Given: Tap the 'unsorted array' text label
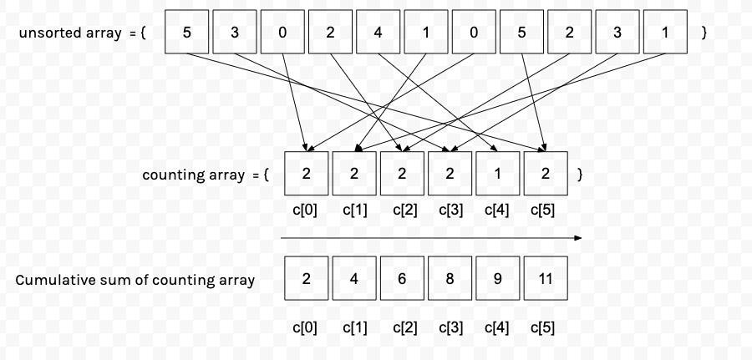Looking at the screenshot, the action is (71, 33).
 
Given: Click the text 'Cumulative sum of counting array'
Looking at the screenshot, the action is (135, 280).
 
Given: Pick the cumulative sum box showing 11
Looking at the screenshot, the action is (545, 279).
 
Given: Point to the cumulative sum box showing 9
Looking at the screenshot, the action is (497, 279).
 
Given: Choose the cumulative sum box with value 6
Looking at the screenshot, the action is (402, 279).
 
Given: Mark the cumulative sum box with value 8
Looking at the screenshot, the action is (450, 279).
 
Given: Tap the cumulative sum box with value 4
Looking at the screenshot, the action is (354, 279).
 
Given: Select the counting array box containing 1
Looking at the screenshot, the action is (497, 174).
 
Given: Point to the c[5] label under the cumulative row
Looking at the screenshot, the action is (543, 327).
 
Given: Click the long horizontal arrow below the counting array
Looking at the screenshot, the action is (430, 238).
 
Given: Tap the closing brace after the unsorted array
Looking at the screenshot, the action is (704, 33).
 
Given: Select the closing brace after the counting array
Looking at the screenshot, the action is (580, 175).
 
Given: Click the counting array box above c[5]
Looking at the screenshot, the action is (545, 174).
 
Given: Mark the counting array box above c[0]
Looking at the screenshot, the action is (307, 174).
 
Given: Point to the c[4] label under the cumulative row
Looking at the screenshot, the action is (497, 327).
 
